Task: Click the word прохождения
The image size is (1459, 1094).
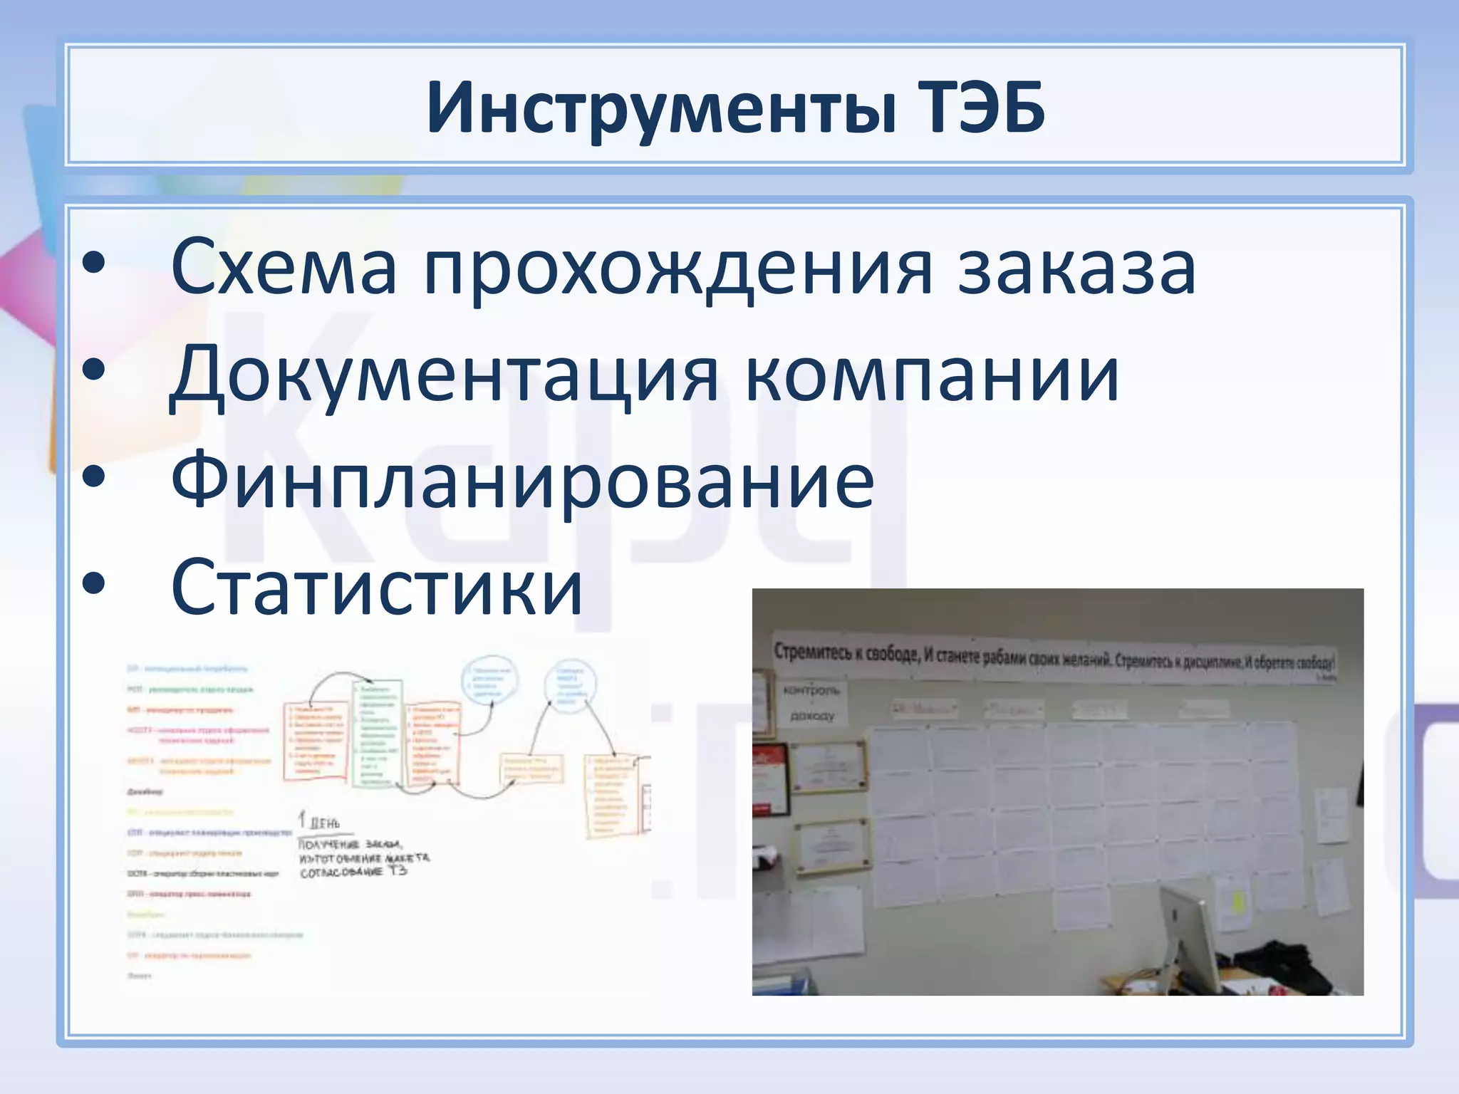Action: click(x=677, y=268)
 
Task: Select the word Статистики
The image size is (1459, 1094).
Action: click(x=377, y=588)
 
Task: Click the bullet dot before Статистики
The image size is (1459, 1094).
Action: click(x=93, y=584)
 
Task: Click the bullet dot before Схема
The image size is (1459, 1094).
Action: click(x=93, y=264)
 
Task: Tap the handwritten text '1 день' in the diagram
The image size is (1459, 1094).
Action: click(x=318, y=821)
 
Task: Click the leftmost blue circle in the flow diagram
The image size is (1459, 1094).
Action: click(x=490, y=679)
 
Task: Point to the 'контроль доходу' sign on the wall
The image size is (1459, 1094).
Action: click(x=811, y=702)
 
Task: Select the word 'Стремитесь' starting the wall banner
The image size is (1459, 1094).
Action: click(x=809, y=652)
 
